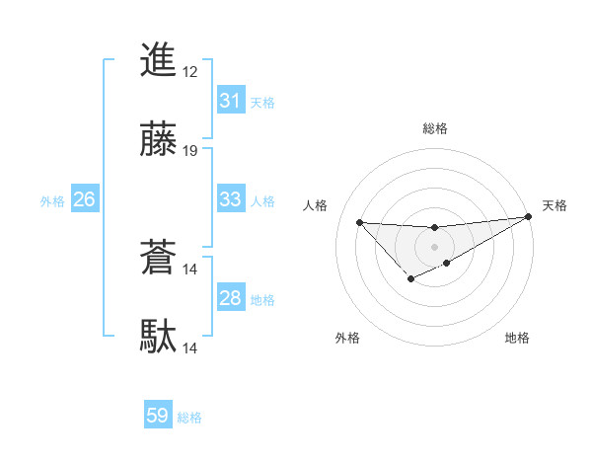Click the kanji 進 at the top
pyautogui.click(x=158, y=60)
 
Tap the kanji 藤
pyautogui.click(x=158, y=139)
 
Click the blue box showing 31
pyautogui.click(x=230, y=101)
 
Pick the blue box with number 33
pyautogui.click(x=230, y=199)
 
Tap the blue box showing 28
pyautogui.click(x=230, y=298)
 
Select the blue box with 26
pyautogui.click(x=84, y=200)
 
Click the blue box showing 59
pyautogui.click(x=158, y=416)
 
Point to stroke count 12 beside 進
pyautogui.click(x=190, y=72)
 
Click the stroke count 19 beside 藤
pyautogui.click(x=190, y=151)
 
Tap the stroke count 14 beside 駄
pyautogui.click(x=190, y=348)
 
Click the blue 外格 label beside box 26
pyautogui.click(x=52, y=201)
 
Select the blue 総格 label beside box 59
pyautogui.click(x=189, y=418)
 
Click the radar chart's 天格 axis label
pyautogui.click(x=555, y=205)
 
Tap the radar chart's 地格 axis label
pyautogui.click(x=517, y=339)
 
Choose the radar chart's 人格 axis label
pyautogui.click(x=315, y=205)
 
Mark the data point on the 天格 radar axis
pyautogui.click(x=529, y=216)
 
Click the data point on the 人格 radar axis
pyautogui.click(x=359, y=222)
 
